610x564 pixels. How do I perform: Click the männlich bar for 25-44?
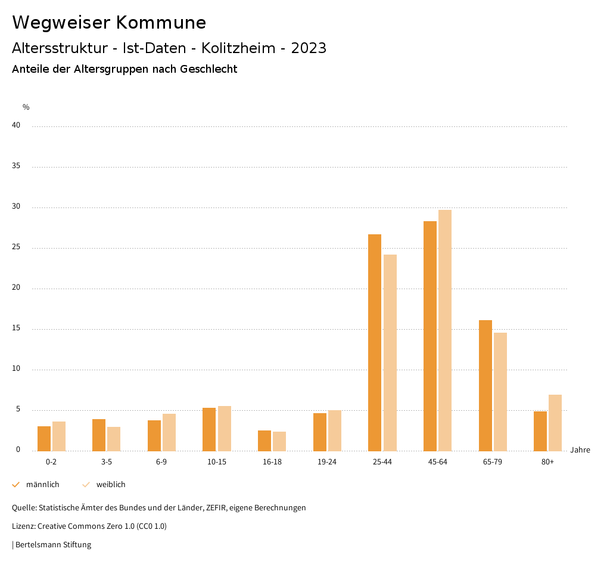click(x=375, y=342)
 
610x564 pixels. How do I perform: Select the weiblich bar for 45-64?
click(x=445, y=330)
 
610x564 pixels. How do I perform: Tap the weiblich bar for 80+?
click(x=555, y=423)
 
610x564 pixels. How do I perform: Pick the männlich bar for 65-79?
click(x=485, y=385)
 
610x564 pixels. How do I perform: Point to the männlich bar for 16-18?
click(x=264, y=441)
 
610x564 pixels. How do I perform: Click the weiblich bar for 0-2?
click(x=59, y=436)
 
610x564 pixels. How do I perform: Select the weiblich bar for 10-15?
click(x=225, y=428)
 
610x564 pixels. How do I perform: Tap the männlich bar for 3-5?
click(x=99, y=435)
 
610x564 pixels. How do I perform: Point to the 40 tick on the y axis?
click(x=16, y=126)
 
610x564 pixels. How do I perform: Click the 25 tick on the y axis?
click(x=16, y=247)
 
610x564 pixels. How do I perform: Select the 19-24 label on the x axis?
click(x=327, y=462)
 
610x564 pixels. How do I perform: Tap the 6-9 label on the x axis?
click(x=161, y=462)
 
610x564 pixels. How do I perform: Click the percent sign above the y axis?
click(x=26, y=107)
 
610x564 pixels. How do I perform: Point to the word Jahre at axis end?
click(x=580, y=450)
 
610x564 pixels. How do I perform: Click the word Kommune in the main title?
click(x=161, y=23)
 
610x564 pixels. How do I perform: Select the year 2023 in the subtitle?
click(x=309, y=48)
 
